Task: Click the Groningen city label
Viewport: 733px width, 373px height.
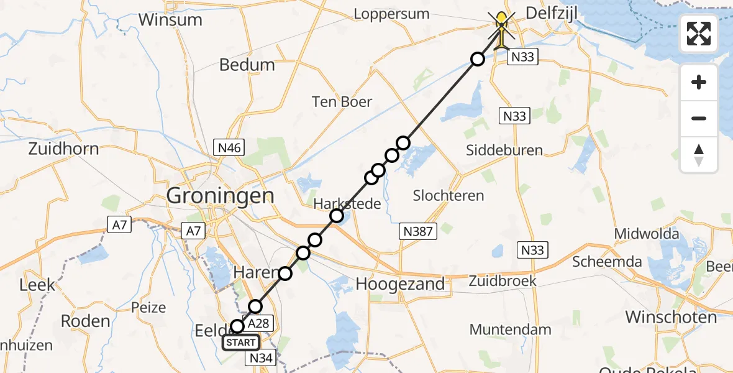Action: pyautogui.click(x=220, y=196)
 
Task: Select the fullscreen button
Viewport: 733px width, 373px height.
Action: pyautogui.click(x=699, y=34)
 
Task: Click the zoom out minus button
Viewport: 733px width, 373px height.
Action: pyautogui.click(x=699, y=118)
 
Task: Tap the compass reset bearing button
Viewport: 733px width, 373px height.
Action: pyautogui.click(x=699, y=154)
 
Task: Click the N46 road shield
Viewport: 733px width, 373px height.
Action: pyautogui.click(x=229, y=148)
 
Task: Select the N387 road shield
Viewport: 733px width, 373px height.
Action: pyautogui.click(x=419, y=232)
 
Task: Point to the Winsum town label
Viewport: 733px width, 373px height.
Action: pyautogui.click(x=170, y=19)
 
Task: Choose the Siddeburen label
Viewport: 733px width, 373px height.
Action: pyautogui.click(x=504, y=150)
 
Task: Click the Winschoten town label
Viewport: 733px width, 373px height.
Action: pyautogui.click(x=671, y=317)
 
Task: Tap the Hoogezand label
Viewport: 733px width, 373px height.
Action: pyautogui.click(x=400, y=284)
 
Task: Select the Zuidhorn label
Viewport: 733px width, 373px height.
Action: pyautogui.click(x=63, y=149)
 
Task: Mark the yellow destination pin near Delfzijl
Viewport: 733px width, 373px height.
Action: pyautogui.click(x=501, y=28)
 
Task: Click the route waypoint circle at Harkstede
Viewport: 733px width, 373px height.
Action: pyautogui.click(x=337, y=216)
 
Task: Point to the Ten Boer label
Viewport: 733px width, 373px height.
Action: pyautogui.click(x=342, y=102)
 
